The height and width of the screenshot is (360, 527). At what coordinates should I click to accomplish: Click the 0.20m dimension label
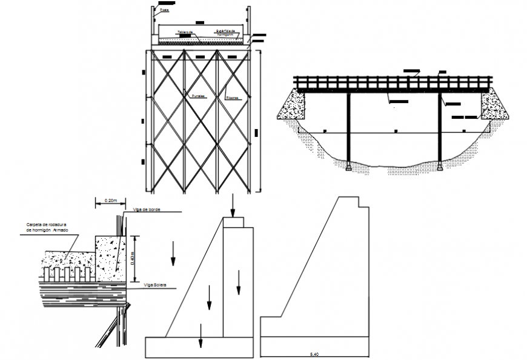110,200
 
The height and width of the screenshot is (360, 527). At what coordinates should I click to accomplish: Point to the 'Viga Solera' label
156,284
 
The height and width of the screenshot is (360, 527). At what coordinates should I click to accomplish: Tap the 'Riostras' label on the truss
233,97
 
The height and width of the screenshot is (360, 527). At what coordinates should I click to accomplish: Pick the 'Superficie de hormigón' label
228,33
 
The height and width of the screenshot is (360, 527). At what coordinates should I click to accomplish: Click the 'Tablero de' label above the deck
185,32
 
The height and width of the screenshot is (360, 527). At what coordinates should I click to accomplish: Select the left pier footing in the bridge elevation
349,166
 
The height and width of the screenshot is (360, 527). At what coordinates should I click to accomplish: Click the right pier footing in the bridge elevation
440,165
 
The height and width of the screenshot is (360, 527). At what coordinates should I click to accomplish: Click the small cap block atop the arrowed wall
233,222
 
